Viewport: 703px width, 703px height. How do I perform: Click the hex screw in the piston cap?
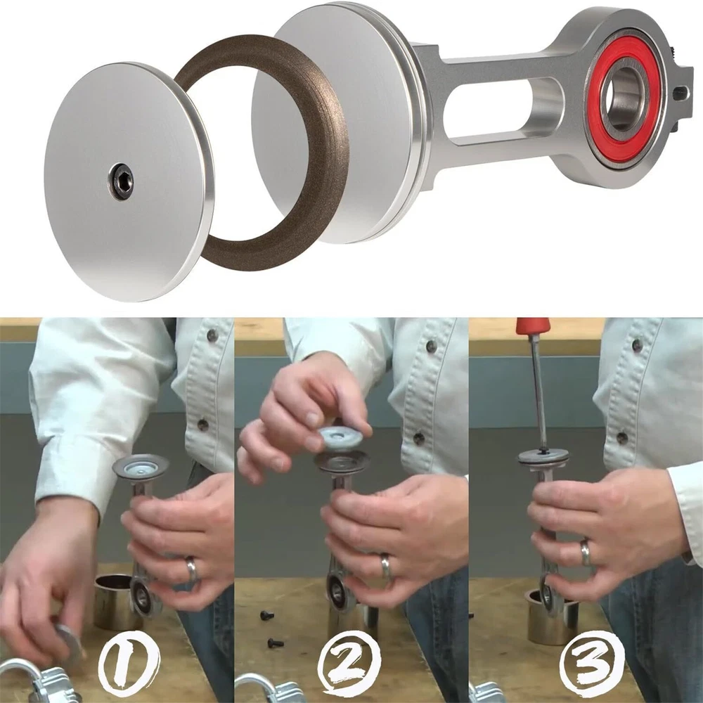[121, 181]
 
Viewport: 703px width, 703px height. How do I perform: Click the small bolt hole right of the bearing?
[680, 93]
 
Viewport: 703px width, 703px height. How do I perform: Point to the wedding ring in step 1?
[191, 569]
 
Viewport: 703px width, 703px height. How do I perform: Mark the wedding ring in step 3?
[586, 553]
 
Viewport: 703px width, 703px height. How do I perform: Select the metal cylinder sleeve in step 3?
[544, 617]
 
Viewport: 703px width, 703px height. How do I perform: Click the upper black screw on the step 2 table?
[267, 616]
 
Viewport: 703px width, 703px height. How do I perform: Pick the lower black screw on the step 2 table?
[276, 644]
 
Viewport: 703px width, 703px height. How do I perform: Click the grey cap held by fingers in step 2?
[340, 437]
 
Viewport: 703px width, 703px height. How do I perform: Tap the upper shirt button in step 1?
[212, 335]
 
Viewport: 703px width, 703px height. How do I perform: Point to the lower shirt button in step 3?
[622, 437]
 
